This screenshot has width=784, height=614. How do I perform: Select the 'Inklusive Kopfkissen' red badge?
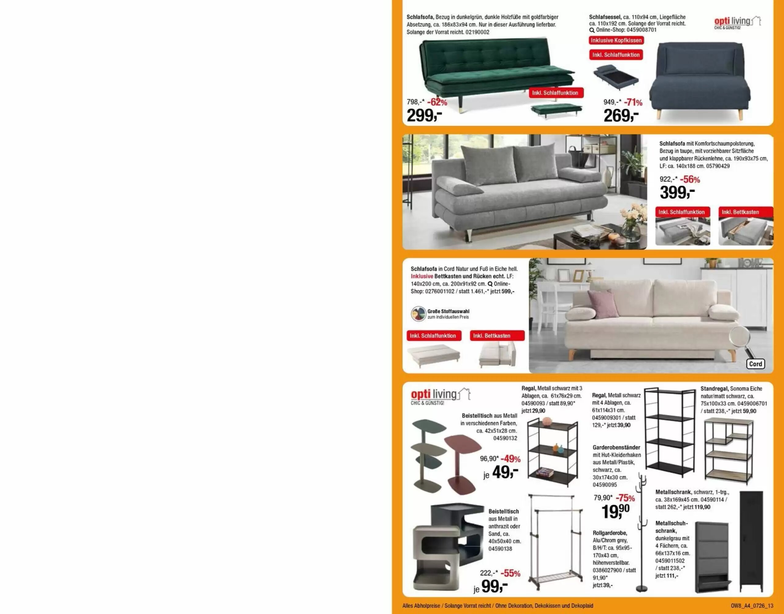coord(616,40)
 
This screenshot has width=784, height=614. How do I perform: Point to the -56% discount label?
coord(690,179)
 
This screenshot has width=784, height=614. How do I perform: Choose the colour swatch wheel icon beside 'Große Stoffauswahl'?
coord(419,314)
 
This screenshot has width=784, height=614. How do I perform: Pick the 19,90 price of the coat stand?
coord(616,511)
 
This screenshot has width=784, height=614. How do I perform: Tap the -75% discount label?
coord(625,498)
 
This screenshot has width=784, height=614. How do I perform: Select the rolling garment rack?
coord(554,542)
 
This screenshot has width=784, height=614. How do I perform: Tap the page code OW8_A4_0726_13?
coord(752,606)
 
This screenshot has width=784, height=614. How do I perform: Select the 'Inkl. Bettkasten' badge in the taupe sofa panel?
coord(746,212)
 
